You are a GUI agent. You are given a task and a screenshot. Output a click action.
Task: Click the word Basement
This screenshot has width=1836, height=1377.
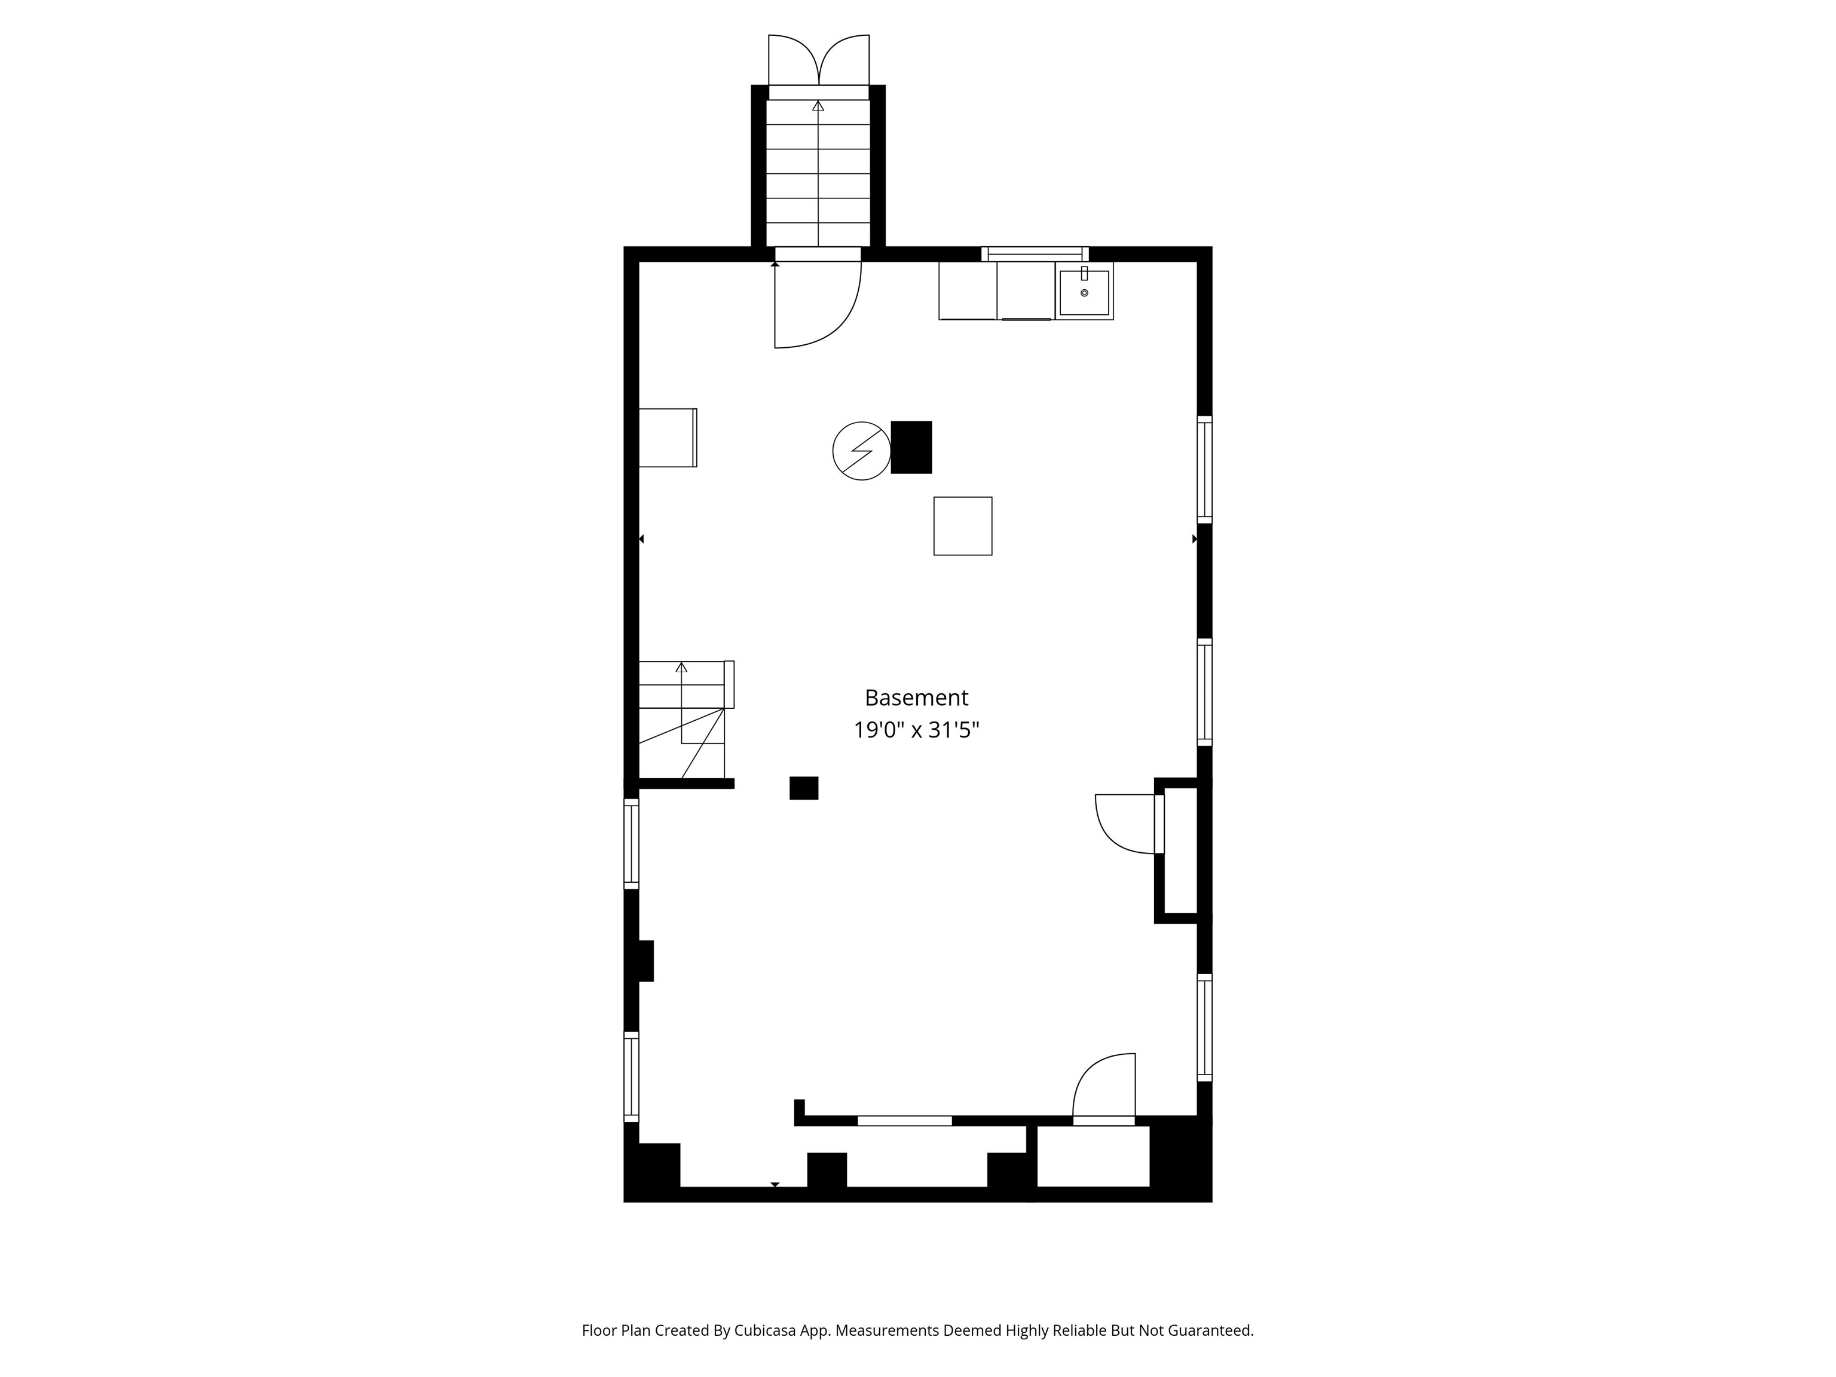pyautogui.click(x=916, y=697)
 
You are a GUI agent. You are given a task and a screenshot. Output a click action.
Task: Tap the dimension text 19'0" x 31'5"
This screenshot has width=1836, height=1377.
pyautogui.click(x=916, y=730)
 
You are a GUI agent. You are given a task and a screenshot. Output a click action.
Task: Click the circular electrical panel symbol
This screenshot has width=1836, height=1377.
pyautogui.click(x=862, y=451)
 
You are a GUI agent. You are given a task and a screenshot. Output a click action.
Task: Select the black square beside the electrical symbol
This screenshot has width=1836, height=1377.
pyautogui.click(x=911, y=448)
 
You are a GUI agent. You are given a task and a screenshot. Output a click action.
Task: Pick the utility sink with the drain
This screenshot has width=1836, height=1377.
pyautogui.click(x=1084, y=291)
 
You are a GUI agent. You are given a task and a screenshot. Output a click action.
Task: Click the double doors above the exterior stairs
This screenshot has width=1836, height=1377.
pyautogui.click(x=818, y=60)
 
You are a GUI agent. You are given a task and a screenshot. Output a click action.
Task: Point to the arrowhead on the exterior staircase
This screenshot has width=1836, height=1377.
pyautogui.click(x=818, y=105)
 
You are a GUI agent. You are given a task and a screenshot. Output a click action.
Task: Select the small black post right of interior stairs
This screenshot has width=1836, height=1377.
pyautogui.click(x=803, y=788)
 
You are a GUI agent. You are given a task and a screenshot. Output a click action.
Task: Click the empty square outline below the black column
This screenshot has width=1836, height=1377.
pyautogui.click(x=963, y=526)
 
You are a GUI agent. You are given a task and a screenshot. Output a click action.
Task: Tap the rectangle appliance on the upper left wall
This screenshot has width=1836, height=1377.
pyautogui.click(x=668, y=437)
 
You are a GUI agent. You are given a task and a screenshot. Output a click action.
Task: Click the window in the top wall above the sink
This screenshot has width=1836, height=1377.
pyautogui.click(x=1035, y=254)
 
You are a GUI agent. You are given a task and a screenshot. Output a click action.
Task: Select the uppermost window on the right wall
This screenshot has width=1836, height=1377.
pyautogui.click(x=1204, y=469)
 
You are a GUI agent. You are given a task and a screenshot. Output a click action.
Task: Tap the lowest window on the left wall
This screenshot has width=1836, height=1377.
pyautogui.click(x=632, y=1076)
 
